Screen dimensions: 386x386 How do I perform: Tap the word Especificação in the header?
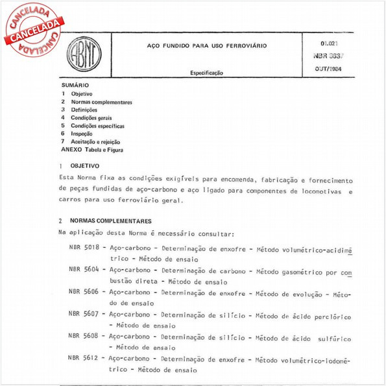[207, 73]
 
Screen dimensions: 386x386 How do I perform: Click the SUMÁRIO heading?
[75, 86]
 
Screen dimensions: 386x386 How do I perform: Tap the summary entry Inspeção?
[82, 134]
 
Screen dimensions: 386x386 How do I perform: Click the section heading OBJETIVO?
[84, 166]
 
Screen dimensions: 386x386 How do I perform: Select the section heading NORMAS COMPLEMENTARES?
[110, 221]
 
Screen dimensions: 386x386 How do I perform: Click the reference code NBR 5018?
[84, 248]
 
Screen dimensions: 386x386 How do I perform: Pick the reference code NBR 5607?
[84, 315]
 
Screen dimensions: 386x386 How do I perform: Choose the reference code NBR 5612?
[84, 358]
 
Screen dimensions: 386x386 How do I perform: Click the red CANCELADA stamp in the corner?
[31, 29]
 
